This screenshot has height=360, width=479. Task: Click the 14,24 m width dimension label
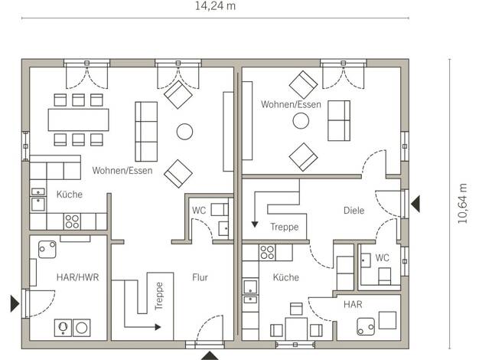pyautogui.click(x=215, y=6)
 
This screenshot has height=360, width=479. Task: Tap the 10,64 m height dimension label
pyautogui.click(x=462, y=204)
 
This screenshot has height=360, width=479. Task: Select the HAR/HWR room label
pyautogui.click(x=77, y=277)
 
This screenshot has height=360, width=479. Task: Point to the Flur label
pyautogui.click(x=200, y=277)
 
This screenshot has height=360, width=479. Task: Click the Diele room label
pyautogui.click(x=354, y=211)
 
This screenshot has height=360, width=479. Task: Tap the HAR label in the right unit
pyautogui.click(x=353, y=304)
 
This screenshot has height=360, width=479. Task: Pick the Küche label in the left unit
pyautogui.click(x=70, y=195)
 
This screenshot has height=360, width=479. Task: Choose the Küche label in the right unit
pyautogui.click(x=286, y=277)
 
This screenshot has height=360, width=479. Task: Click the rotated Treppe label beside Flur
pyautogui.click(x=159, y=296)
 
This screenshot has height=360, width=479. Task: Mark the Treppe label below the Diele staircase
pyautogui.click(x=285, y=227)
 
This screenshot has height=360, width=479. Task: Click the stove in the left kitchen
pyautogui.click(x=72, y=221)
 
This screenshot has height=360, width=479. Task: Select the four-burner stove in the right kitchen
pyautogui.click(x=267, y=253)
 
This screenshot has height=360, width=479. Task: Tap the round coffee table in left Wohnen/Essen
pyautogui.click(x=184, y=132)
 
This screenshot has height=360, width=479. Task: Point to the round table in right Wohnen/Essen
pyautogui.click(x=301, y=121)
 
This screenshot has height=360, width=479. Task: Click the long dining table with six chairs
pyautogui.click(x=79, y=119)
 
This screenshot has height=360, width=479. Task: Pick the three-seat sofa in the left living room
pyautogui.click(x=146, y=132)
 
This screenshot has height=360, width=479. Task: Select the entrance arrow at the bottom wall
pyautogui.click(x=210, y=355)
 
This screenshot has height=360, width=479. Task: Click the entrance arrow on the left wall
pyautogui.click(x=15, y=303)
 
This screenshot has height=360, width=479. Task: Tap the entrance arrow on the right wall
pyautogui.click(x=415, y=204)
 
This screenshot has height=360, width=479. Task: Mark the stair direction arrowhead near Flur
pyautogui.click(x=158, y=327)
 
